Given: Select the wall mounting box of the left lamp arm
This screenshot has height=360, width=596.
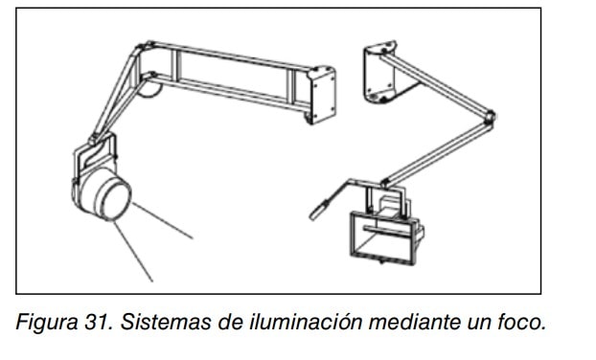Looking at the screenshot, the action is point(321,95).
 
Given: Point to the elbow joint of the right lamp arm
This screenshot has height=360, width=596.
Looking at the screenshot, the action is point(490,117).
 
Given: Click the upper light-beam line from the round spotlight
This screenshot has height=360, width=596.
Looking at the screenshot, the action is point(163,221).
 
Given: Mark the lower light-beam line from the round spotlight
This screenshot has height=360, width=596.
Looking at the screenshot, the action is point(133,252).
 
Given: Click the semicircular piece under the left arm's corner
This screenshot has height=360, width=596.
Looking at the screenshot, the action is point(149,90).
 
